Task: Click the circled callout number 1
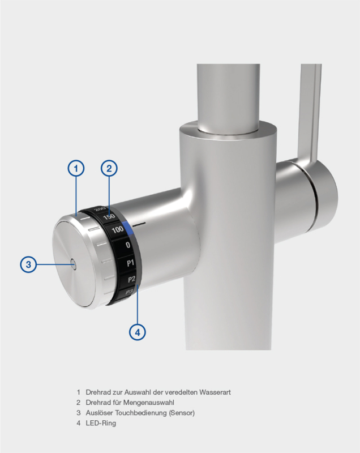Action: click(x=76, y=168)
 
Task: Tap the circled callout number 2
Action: click(x=109, y=168)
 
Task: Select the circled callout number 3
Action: click(x=28, y=264)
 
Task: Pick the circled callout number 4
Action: click(x=137, y=332)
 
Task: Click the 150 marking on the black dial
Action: click(x=109, y=217)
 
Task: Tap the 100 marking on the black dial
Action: click(x=118, y=230)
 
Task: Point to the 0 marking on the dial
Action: click(x=128, y=245)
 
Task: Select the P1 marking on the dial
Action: click(x=131, y=263)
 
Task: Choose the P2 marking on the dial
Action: click(x=132, y=279)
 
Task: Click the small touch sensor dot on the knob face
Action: click(x=73, y=264)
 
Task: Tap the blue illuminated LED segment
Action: click(x=127, y=228)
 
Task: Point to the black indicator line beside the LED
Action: click(x=139, y=223)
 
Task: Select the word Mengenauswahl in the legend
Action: click(x=149, y=403)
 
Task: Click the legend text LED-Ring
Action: click(x=101, y=423)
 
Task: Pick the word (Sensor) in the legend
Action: click(x=182, y=413)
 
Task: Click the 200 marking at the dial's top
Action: click(x=100, y=209)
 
